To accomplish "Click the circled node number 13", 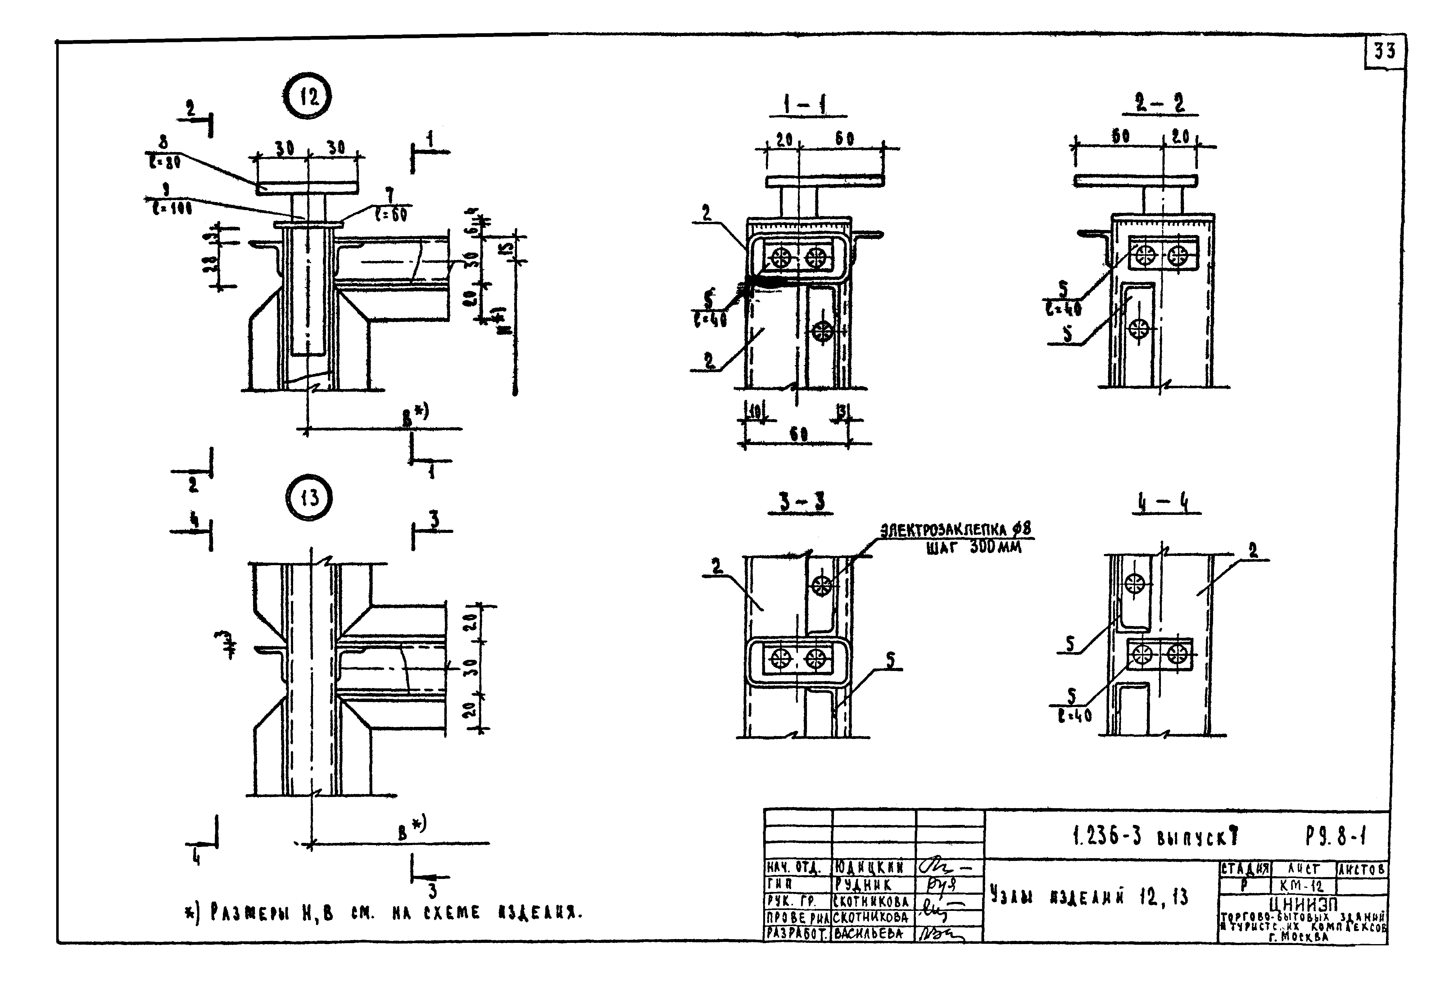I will click(x=309, y=498).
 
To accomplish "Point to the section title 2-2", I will click(x=1160, y=103).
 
